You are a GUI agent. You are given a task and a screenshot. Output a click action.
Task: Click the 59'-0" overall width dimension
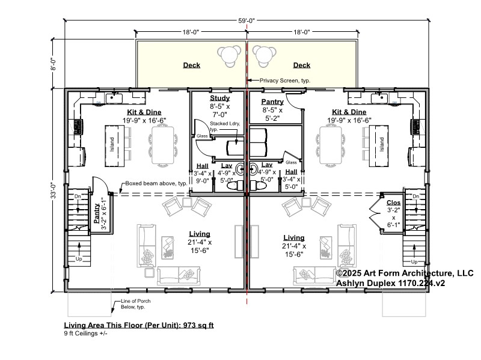pyautogui.click(x=247, y=20)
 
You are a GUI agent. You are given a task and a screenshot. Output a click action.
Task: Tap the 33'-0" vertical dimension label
pyautogui.click(x=54, y=190)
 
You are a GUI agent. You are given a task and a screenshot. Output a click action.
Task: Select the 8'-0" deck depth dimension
pyautogui.click(x=54, y=64)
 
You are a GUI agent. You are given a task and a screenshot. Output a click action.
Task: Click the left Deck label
pyautogui.click(x=191, y=65)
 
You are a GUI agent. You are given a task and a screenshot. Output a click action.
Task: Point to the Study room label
pyautogui.click(x=219, y=98)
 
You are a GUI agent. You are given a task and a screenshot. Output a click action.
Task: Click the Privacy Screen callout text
pyautogui.click(x=285, y=81)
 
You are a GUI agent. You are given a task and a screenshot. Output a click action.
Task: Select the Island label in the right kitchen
pyautogui.click(x=382, y=144)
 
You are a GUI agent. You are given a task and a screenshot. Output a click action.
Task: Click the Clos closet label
pyautogui.click(x=394, y=203)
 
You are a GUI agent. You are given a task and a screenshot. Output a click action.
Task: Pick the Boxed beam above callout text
pyautogui.click(x=156, y=183)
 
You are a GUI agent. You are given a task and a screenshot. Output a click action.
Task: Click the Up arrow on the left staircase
pyautogui.click(x=79, y=249)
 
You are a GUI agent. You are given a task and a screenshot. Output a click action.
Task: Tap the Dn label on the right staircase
pyautogui.click(x=416, y=197)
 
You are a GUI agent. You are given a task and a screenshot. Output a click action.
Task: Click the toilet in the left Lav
pyautogui.click(x=235, y=186)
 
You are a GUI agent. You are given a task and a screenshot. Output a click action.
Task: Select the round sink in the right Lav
pyautogui.click(x=254, y=169)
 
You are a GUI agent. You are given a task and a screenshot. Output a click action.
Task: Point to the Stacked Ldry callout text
pyautogui.click(x=225, y=126)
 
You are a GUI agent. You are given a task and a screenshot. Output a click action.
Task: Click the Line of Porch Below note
pyautogui.click(x=136, y=304)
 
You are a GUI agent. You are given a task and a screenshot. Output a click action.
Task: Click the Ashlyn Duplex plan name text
pyautogui.click(x=390, y=283)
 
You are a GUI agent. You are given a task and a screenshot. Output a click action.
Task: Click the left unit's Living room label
pyautogui.click(x=200, y=234)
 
